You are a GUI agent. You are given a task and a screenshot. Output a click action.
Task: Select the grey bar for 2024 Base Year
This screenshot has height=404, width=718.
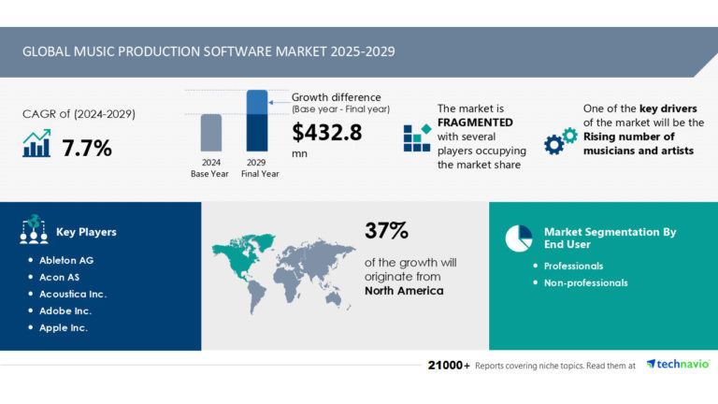pos(211,132)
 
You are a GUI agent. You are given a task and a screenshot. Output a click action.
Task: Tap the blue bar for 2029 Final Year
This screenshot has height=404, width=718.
pos(257,121)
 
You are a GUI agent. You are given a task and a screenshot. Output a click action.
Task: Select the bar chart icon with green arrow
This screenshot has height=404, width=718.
pos(36,144)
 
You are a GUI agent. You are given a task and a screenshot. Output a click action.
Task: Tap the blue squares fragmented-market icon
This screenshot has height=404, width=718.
pos(417,137)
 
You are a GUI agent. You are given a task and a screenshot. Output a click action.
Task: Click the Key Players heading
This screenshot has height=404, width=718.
pos(87,231)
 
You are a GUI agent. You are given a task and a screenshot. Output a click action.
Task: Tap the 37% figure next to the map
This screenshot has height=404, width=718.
pos(387,230)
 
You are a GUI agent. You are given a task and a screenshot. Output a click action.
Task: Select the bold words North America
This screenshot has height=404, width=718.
pos(404,291)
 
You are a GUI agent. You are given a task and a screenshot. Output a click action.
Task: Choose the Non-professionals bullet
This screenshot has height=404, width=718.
pos(585,282)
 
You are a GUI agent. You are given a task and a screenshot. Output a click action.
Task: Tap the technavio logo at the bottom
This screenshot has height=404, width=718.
pos(677,364)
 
